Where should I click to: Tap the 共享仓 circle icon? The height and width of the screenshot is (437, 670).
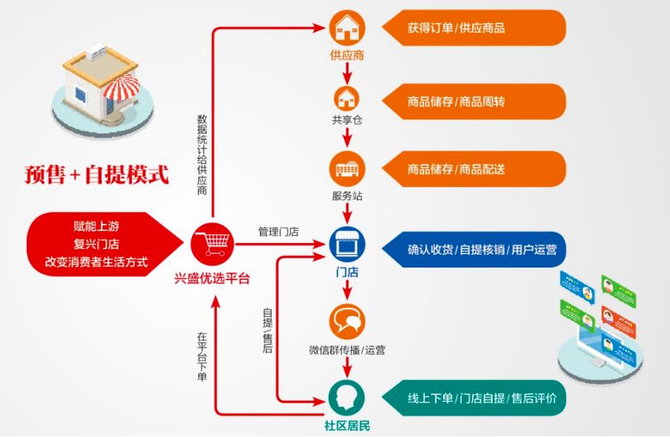point(347,97)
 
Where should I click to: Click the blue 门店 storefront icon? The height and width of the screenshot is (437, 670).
point(347,244)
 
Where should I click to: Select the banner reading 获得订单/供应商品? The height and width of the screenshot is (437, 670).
point(474,28)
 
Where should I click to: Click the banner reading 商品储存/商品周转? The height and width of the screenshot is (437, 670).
point(474,102)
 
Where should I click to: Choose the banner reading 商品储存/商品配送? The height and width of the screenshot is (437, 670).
point(474,169)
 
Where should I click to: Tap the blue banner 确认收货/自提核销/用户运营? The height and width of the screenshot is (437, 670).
point(474,249)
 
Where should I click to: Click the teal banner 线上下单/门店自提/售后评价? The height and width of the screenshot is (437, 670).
point(474,398)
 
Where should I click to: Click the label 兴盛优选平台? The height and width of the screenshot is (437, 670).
point(212,278)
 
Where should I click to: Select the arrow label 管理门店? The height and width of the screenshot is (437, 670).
point(278,231)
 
